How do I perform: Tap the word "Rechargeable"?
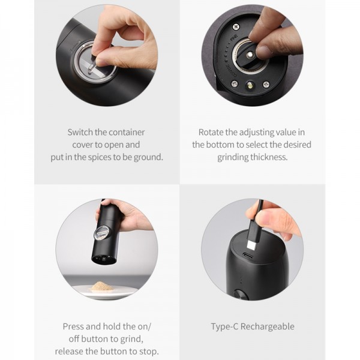[267, 327]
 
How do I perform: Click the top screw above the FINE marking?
[236, 27]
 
